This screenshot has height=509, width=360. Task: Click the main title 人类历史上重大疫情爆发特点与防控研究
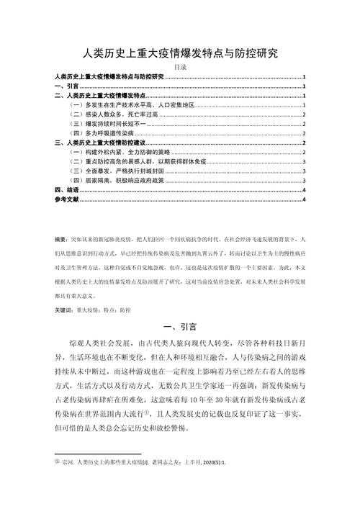click(x=180, y=52)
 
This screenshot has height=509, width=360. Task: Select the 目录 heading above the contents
click(x=180, y=67)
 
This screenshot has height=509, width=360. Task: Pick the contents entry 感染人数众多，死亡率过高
click(x=107, y=114)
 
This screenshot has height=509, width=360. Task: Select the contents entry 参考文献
click(x=66, y=200)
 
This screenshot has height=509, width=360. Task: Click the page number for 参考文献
click(x=305, y=200)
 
